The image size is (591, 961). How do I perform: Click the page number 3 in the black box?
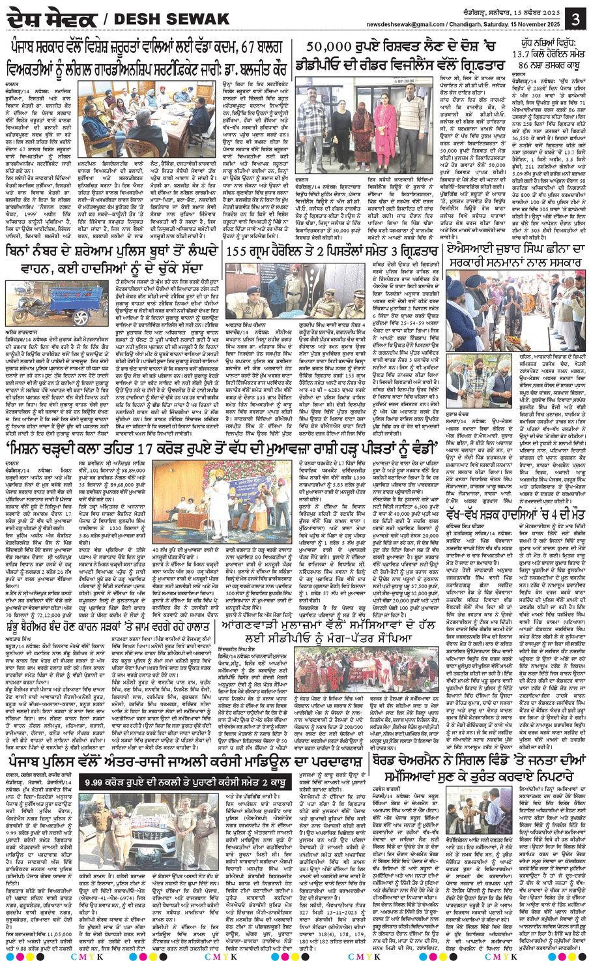[x=575, y=19]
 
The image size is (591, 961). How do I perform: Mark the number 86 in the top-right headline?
[x=524, y=65]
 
